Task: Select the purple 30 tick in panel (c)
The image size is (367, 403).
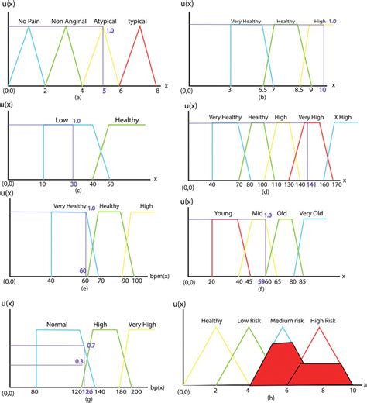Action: [x=73, y=184]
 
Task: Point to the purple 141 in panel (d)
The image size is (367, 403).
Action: [x=311, y=185]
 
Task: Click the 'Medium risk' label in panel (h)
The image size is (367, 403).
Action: [x=286, y=319]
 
